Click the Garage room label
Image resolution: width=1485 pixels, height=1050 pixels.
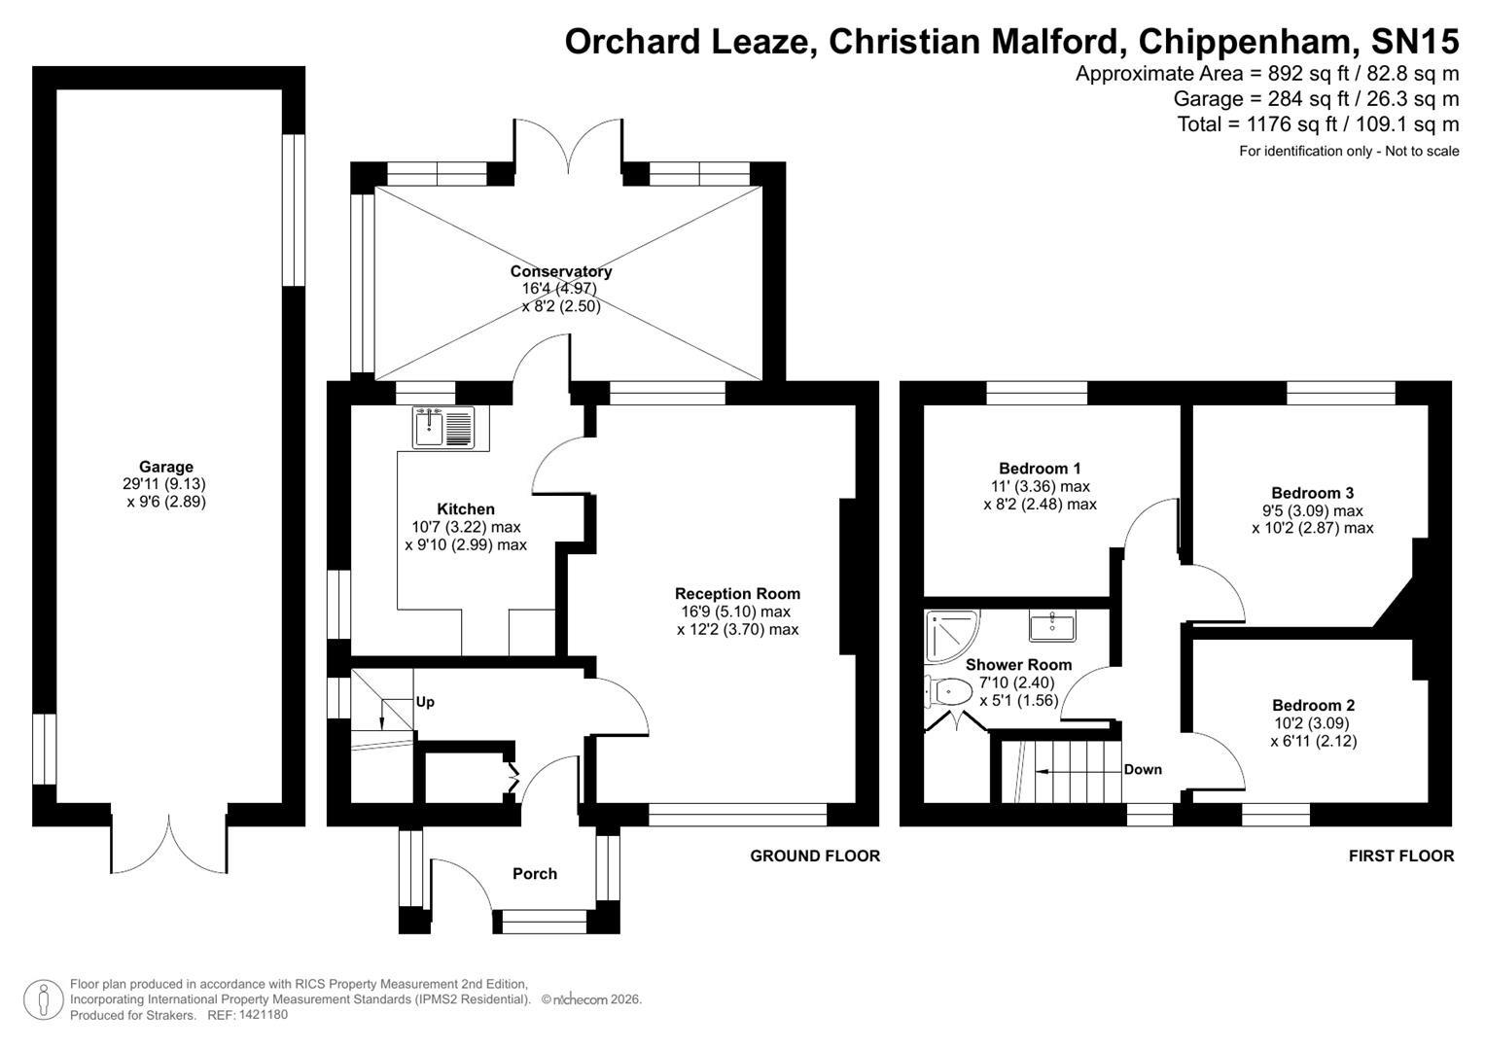coord(165,467)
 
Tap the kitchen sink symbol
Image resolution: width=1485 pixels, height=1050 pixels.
coord(442,428)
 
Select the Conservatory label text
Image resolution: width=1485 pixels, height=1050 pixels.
coord(560,271)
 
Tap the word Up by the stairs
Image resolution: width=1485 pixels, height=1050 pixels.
coord(425,701)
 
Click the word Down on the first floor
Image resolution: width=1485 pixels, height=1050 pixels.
coord(1143,769)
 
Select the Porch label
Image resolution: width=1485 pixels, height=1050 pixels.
coord(535,874)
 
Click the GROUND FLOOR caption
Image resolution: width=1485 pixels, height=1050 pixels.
coord(815,856)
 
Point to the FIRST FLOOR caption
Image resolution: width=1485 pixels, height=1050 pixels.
coord(1400,856)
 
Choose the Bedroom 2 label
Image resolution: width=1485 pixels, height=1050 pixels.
coord(1313,705)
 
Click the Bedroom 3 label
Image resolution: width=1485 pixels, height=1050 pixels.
coord(1312,493)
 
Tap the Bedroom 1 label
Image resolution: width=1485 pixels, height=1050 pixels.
coord(1040,468)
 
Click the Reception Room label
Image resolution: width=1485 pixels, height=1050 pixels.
coord(737,593)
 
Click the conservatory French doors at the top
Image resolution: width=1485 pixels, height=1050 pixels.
coord(568,151)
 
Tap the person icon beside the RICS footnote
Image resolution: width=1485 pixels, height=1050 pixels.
coord(43,999)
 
